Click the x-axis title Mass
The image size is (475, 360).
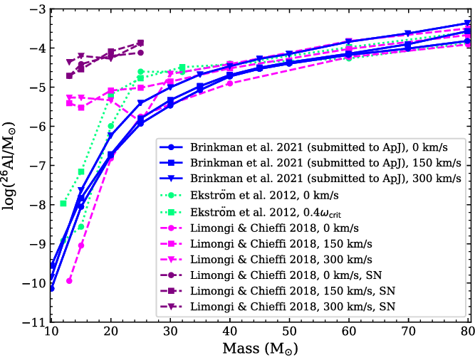[x=259, y=349]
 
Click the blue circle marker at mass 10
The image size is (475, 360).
[x=51, y=288]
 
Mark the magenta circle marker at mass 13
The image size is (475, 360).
[x=69, y=280]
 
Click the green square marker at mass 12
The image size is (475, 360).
[x=63, y=203]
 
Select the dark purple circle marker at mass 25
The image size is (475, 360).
[x=140, y=53]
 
